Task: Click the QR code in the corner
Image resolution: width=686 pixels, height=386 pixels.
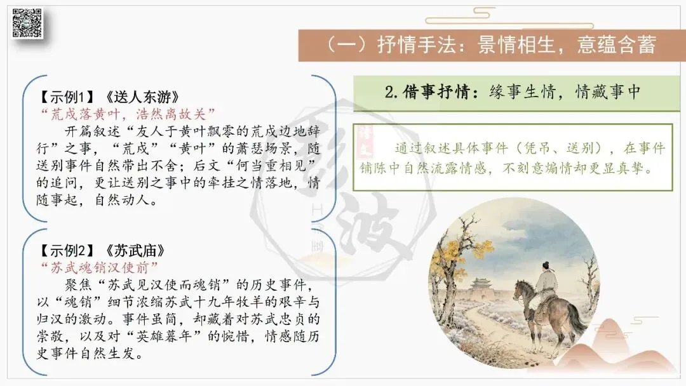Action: point(27,23)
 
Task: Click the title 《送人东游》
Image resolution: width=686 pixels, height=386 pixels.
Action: point(143,96)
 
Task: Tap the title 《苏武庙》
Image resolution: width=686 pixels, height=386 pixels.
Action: point(135,251)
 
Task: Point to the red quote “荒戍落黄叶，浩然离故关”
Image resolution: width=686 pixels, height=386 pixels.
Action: point(127,114)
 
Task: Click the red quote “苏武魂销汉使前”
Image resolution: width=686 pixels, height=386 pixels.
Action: point(98,267)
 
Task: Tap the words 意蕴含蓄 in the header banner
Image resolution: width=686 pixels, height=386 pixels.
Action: point(616,44)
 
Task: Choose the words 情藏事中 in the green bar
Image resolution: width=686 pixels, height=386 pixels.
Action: point(608,92)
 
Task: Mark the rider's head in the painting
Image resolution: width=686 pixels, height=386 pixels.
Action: point(546,266)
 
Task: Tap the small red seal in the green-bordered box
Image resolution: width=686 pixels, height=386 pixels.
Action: point(364,141)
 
